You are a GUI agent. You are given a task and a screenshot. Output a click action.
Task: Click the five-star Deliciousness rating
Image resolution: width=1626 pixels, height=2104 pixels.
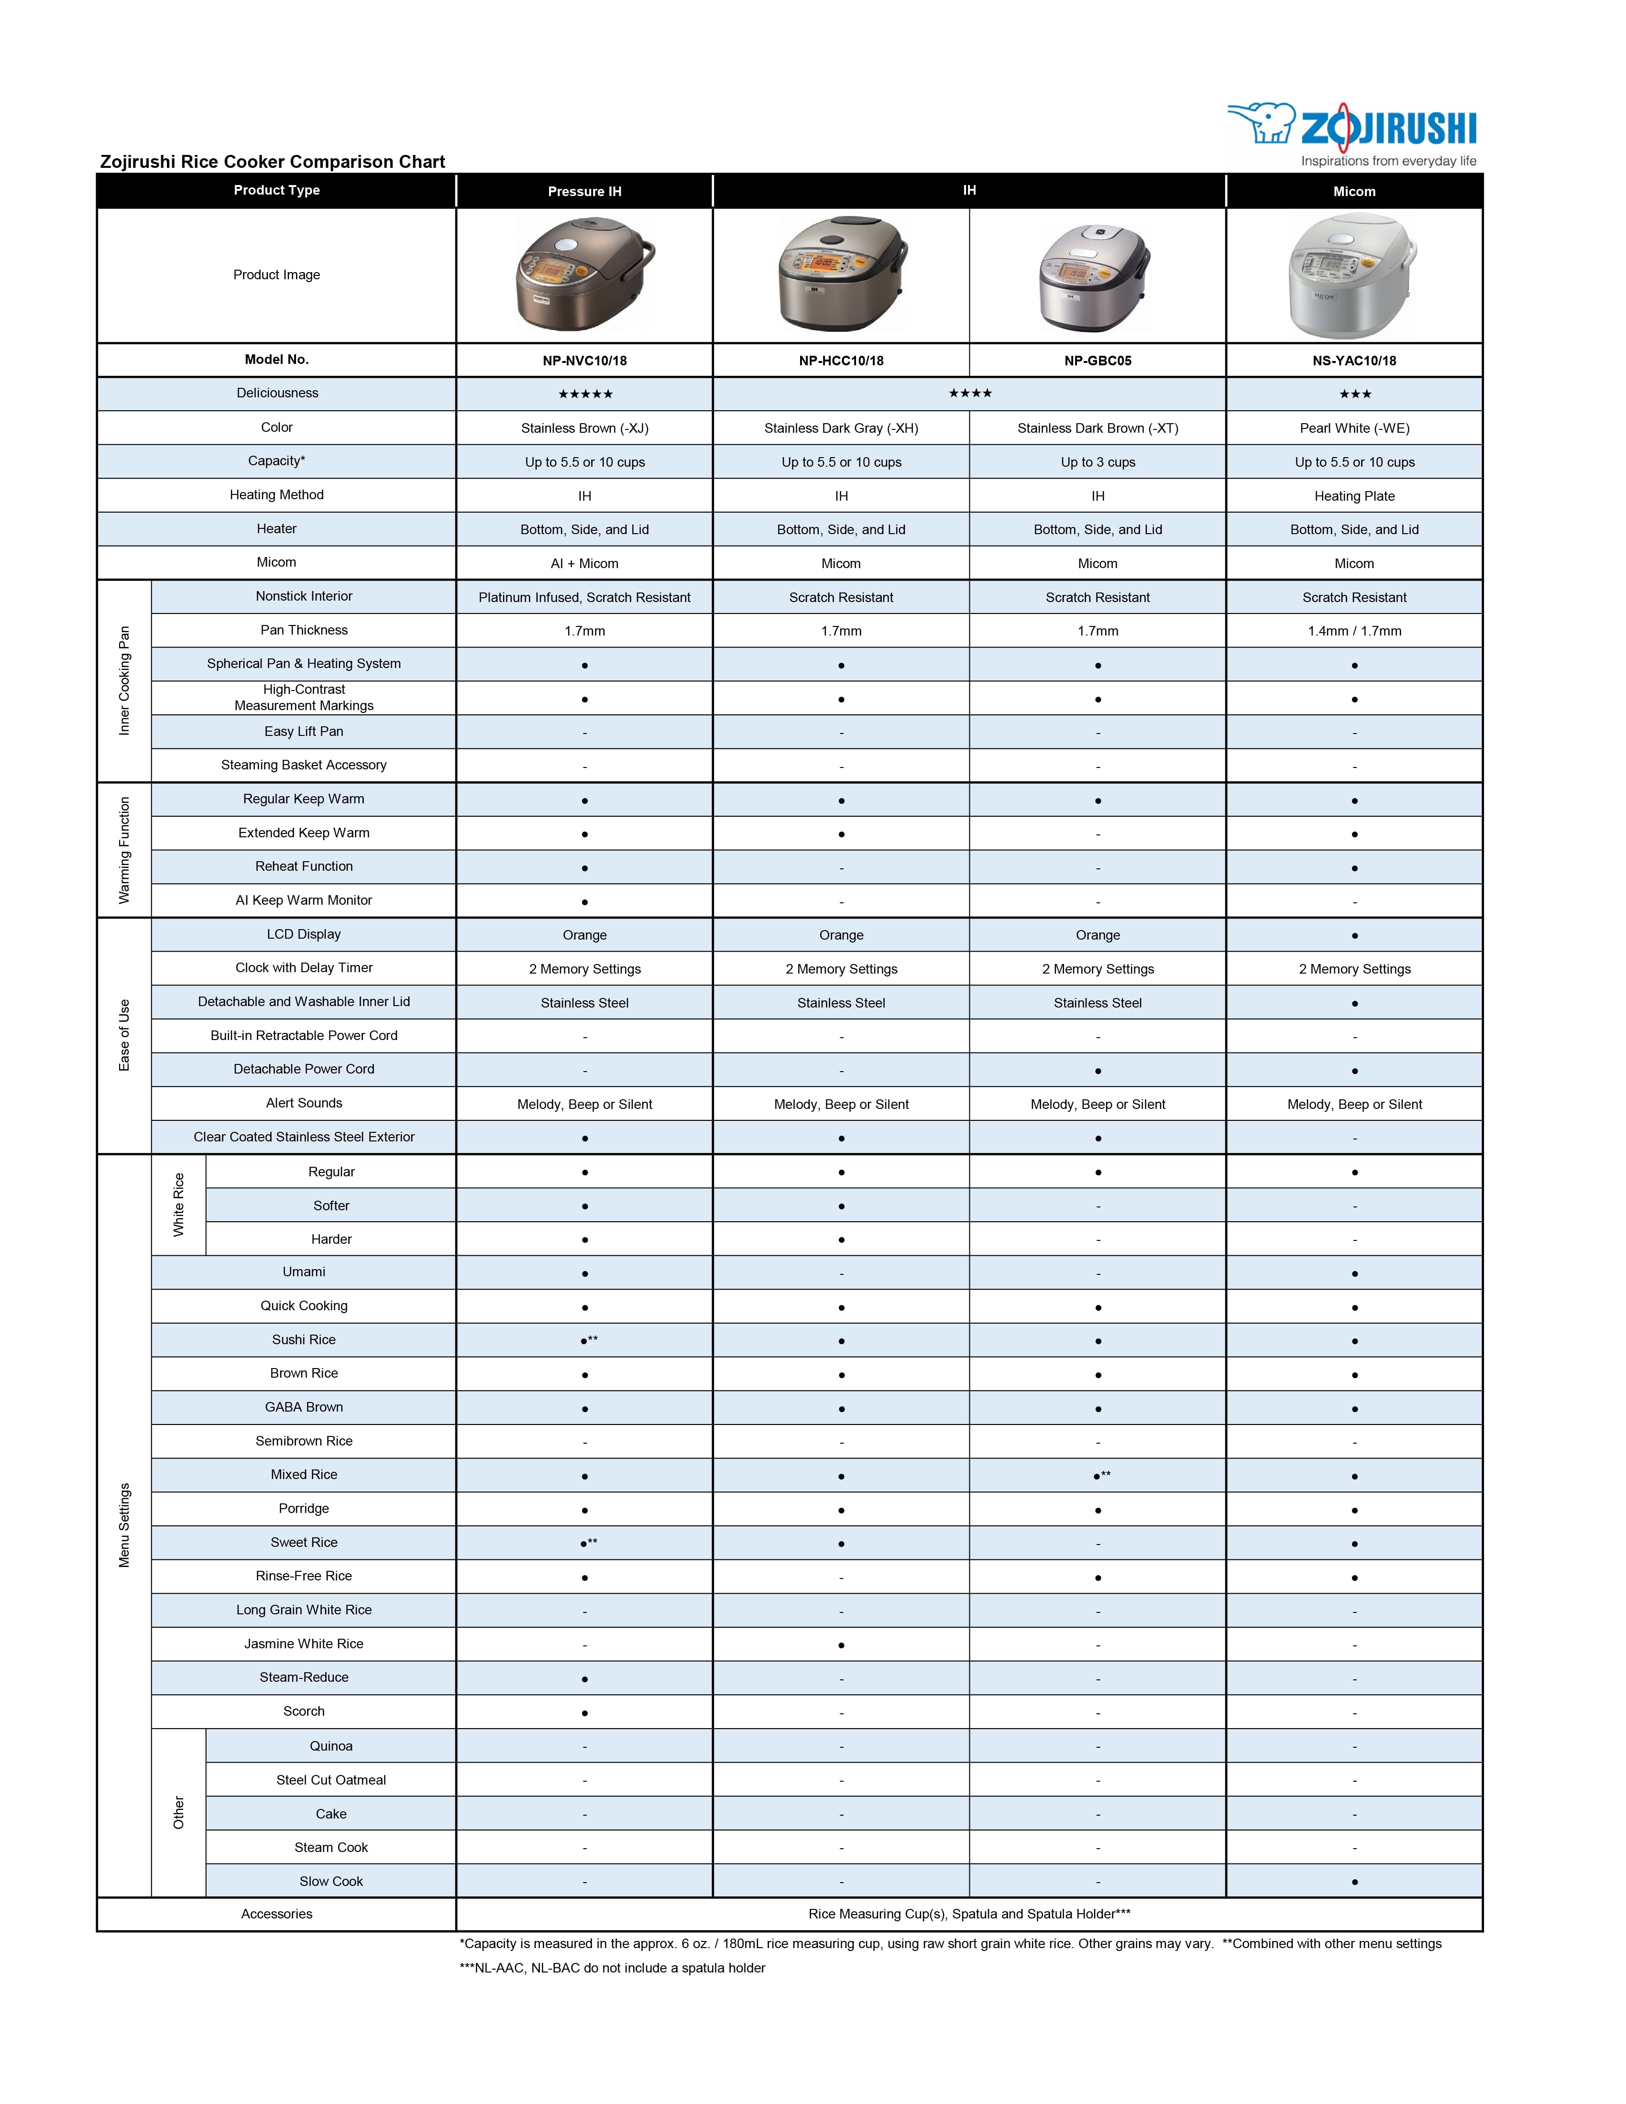pyautogui.click(x=585, y=394)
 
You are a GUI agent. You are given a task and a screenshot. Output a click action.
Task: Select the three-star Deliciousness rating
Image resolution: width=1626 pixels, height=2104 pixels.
pyautogui.click(x=1354, y=394)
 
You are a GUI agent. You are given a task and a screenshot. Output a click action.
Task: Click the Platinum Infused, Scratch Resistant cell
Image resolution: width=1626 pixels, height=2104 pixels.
pyautogui.click(x=585, y=597)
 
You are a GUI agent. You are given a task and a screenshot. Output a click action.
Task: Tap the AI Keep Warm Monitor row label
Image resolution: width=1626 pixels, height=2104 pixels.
pyautogui.click(x=303, y=900)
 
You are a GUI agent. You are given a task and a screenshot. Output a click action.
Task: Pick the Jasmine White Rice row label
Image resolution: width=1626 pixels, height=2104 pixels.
pyautogui.click(x=303, y=1644)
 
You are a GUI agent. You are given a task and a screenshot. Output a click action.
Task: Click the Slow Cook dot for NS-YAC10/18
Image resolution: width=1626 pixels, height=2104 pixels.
pyautogui.click(x=1354, y=1882)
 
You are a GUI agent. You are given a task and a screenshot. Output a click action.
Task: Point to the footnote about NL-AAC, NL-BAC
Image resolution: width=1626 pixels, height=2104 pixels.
pyautogui.click(x=613, y=1968)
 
